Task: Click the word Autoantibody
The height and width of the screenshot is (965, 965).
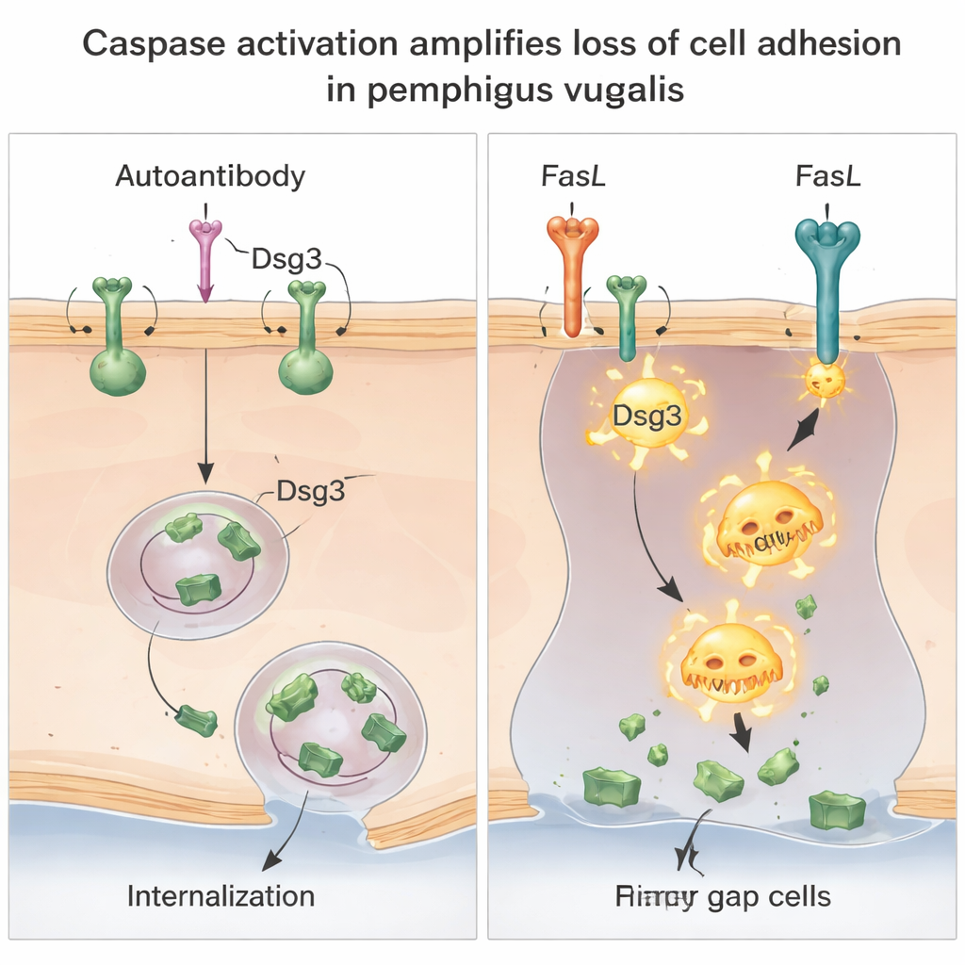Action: (209, 176)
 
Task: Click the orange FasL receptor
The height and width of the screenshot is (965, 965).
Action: (572, 273)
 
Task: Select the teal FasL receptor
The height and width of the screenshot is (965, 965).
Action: (827, 283)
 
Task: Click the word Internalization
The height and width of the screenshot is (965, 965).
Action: (221, 894)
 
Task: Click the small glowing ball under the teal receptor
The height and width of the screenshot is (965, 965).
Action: (825, 380)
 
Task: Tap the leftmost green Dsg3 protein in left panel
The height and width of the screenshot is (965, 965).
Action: (118, 339)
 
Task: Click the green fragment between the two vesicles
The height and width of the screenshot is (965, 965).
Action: (196, 720)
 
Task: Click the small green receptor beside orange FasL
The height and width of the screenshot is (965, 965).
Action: (626, 316)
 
